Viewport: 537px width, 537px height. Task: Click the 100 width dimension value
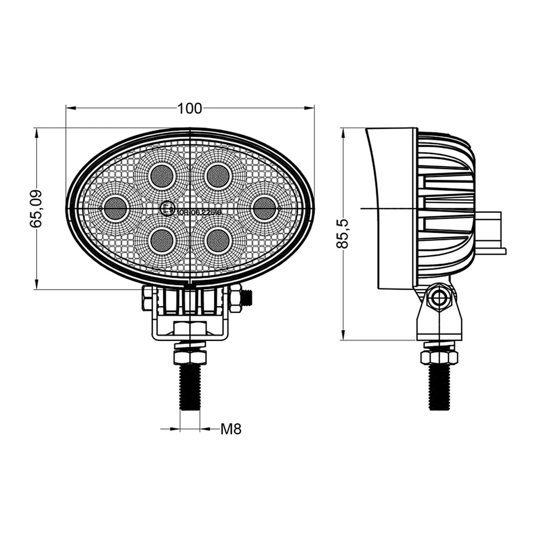(189, 108)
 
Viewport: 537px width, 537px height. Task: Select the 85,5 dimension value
(342, 233)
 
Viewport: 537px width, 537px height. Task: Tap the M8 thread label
(231, 429)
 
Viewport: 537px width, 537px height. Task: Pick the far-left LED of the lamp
(115, 209)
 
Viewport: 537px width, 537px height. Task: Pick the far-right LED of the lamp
(264, 209)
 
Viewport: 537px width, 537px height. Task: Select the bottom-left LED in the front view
(162, 240)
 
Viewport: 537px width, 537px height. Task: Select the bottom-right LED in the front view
(218, 240)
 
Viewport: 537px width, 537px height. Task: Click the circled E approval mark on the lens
(167, 209)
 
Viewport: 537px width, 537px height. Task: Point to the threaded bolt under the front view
(189, 387)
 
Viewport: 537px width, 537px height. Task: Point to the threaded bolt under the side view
(439, 387)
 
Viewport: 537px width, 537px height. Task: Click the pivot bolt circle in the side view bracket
(439, 297)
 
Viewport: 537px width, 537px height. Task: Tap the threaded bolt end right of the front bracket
(248, 298)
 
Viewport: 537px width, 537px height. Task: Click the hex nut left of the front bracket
(148, 299)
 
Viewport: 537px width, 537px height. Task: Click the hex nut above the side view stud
(439, 357)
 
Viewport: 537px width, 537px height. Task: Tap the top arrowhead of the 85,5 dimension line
(343, 133)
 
